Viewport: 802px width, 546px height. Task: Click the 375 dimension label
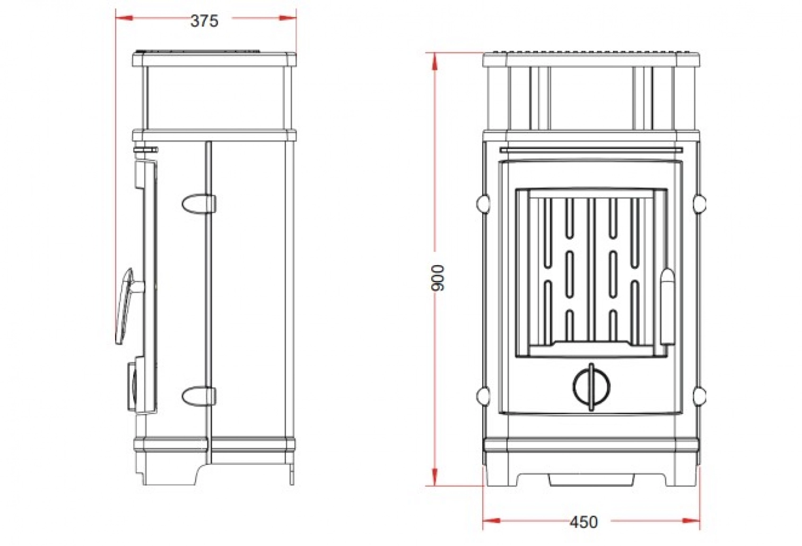pos(204,21)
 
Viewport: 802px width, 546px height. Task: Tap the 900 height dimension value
pos(438,277)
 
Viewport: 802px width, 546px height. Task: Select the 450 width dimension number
pos(583,522)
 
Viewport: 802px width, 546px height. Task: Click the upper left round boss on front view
pos(483,202)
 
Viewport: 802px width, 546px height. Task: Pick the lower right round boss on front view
pos(700,395)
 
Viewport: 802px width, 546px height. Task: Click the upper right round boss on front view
pos(700,202)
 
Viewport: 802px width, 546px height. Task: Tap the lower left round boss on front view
pos(483,395)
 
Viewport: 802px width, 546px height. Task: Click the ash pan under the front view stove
pos(591,479)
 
